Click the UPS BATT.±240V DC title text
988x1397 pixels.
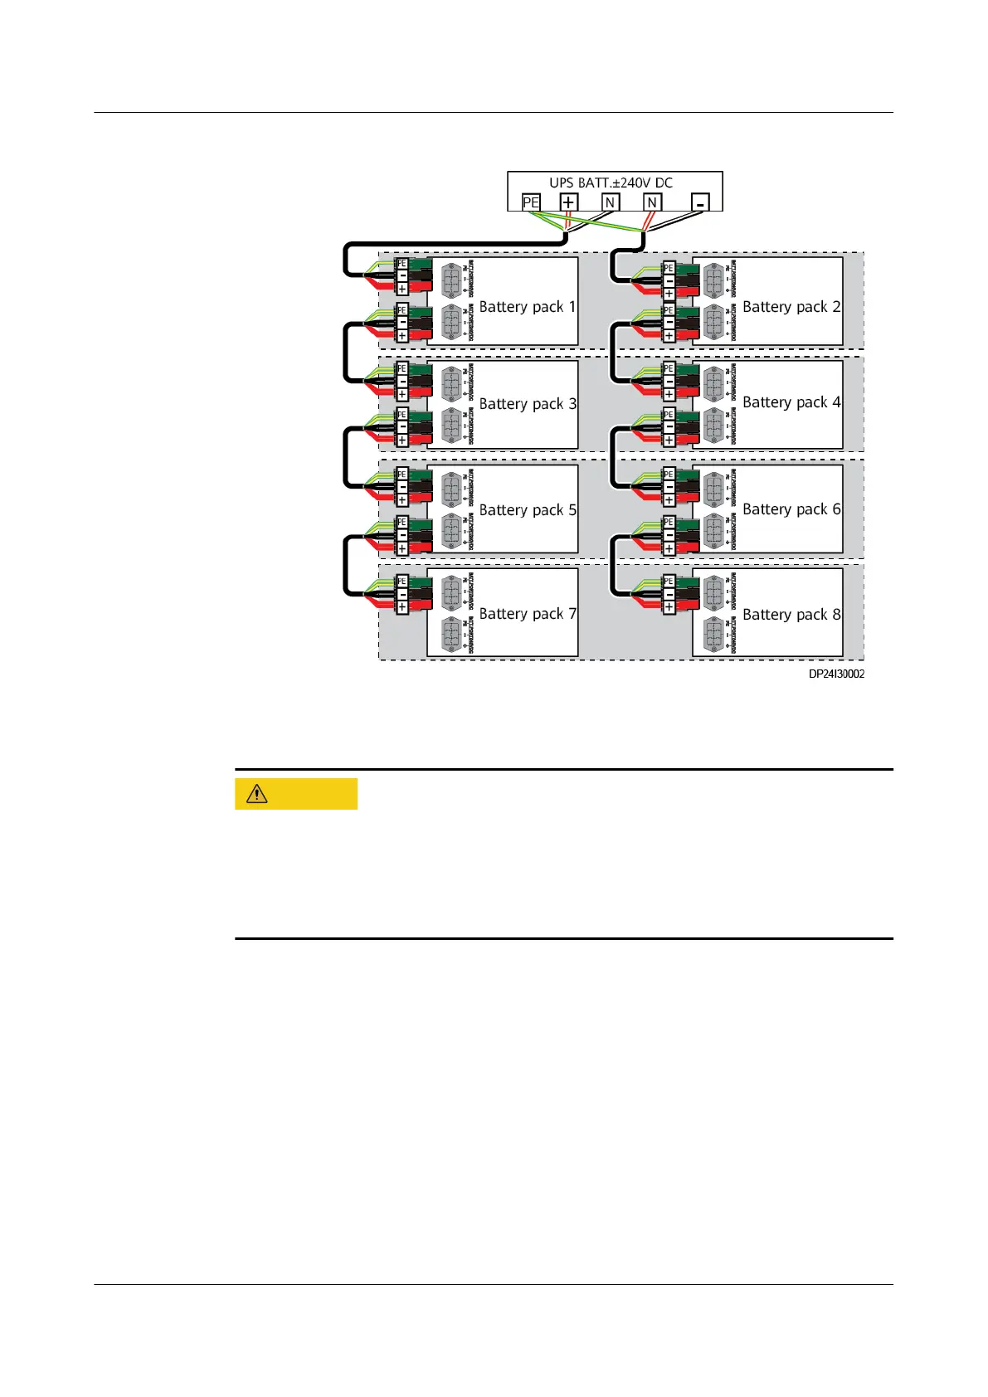pos(611,183)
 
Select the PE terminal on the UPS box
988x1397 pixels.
pos(531,202)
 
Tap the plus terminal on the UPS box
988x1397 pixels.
pos(568,202)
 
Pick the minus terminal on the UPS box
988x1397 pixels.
pos(701,202)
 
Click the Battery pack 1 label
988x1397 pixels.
pos(527,307)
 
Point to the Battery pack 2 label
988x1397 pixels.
pos(791,307)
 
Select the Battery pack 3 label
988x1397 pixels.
pos(528,404)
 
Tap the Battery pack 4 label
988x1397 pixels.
pos(791,402)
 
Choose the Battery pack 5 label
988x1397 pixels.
pos(528,510)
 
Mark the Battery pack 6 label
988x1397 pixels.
pos(791,509)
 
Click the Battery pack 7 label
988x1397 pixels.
pos(528,614)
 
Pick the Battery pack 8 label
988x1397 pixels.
pos(791,615)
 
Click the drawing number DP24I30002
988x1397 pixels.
pos(836,674)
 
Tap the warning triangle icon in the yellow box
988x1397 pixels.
pos(257,794)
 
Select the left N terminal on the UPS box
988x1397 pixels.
pos(611,202)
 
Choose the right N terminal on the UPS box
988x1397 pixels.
pos(652,202)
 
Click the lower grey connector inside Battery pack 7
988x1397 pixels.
pos(450,635)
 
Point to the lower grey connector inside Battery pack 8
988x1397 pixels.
pos(713,635)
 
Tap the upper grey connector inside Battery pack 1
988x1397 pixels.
pos(450,281)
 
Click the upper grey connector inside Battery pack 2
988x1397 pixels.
pos(713,281)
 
